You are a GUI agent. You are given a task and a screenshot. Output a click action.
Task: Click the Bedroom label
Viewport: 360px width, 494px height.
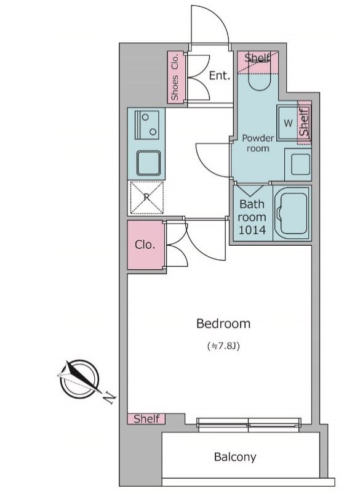click(x=223, y=323)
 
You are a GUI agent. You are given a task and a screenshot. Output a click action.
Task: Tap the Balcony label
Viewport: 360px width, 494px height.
click(x=235, y=457)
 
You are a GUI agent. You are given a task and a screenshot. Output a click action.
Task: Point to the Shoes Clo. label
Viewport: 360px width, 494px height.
click(x=175, y=77)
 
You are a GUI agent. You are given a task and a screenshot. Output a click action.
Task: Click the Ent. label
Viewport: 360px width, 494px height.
click(x=220, y=76)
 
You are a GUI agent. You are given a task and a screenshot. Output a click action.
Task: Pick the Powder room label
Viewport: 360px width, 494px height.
click(x=258, y=143)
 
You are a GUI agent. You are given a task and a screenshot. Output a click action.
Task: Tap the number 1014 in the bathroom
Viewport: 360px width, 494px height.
click(x=252, y=230)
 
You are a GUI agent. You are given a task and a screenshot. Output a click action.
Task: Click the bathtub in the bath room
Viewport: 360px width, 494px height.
click(x=292, y=213)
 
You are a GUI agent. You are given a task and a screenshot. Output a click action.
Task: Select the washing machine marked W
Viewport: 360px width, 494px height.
click(x=287, y=123)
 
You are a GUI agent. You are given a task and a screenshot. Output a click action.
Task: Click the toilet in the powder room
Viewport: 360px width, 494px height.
click(x=260, y=76)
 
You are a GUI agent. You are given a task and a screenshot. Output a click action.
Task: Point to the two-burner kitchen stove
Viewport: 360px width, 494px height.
click(x=146, y=125)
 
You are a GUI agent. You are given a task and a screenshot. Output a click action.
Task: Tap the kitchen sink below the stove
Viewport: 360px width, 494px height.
click(x=148, y=163)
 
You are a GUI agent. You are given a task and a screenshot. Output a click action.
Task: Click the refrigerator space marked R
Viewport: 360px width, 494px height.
click(x=146, y=198)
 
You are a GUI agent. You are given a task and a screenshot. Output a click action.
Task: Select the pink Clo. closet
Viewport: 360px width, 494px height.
click(x=145, y=245)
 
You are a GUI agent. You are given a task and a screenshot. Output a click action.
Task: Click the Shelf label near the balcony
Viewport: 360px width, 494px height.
click(x=146, y=419)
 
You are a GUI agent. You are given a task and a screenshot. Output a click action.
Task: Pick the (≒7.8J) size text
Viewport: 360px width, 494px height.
click(x=224, y=346)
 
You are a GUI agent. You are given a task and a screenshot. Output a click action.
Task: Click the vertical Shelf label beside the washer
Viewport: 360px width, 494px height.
click(x=304, y=122)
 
